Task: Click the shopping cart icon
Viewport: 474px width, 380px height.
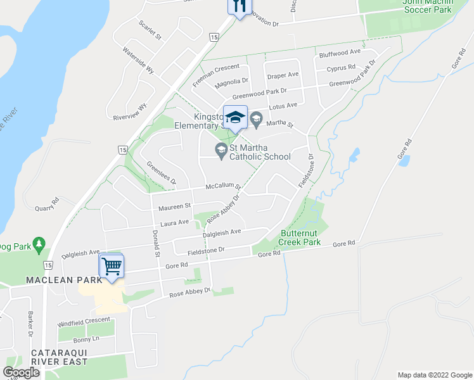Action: click(x=112, y=265)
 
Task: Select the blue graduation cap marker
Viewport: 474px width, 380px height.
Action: click(x=235, y=117)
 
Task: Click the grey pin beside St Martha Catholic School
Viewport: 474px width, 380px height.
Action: click(x=221, y=150)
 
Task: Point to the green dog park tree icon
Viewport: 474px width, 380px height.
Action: click(x=39, y=243)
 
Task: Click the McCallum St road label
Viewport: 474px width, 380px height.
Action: click(x=223, y=187)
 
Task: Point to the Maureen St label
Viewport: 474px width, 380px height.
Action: click(x=174, y=206)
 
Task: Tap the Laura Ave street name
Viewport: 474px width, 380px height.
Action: click(x=174, y=223)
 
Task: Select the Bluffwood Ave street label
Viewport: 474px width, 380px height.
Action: click(x=340, y=52)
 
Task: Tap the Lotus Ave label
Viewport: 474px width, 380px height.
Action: click(x=282, y=106)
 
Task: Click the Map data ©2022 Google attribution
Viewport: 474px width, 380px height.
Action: click(x=434, y=375)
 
